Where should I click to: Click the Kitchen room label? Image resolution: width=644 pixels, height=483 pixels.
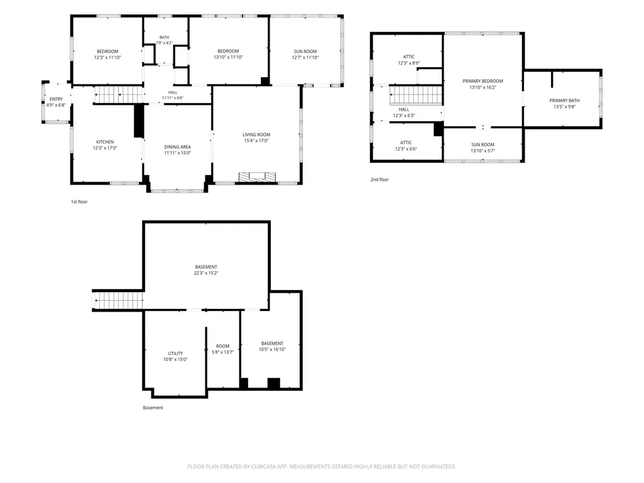click(x=105, y=142)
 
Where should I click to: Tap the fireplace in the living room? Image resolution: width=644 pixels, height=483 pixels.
click(x=257, y=176)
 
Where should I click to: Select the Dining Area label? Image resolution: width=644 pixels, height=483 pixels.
click(x=177, y=146)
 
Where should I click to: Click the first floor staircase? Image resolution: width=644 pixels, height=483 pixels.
click(x=118, y=94)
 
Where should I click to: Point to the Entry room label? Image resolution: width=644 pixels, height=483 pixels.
click(x=57, y=99)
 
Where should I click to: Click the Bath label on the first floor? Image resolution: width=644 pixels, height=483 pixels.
click(x=164, y=38)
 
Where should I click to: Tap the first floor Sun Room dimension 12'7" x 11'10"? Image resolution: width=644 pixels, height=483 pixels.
click(x=305, y=58)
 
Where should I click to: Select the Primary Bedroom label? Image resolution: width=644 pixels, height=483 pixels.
click(x=483, y=81)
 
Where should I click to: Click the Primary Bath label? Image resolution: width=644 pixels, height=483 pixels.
click(x=564, y=100)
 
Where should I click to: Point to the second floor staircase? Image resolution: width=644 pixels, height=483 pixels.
click(x=416, y=95)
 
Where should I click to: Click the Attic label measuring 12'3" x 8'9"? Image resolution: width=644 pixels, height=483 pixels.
click(x=408, y=57)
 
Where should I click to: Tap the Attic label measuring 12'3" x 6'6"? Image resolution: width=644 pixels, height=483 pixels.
click(x=406, y=143)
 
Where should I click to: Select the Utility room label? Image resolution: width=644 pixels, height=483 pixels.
click(x=175, y=353)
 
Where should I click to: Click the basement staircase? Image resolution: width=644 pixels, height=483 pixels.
click(x=118, y=300)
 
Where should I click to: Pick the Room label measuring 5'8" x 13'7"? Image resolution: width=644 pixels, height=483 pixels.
click(x=222, y=346)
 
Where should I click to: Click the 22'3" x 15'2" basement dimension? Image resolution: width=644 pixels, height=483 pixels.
click(x=206, y=273)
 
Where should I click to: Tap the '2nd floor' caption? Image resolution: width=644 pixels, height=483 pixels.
click(x=379, y=180)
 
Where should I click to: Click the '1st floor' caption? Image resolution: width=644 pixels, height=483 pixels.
click(x=79, y=202)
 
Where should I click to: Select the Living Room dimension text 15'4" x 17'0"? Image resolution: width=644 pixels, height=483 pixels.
click(x=256, y=141)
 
